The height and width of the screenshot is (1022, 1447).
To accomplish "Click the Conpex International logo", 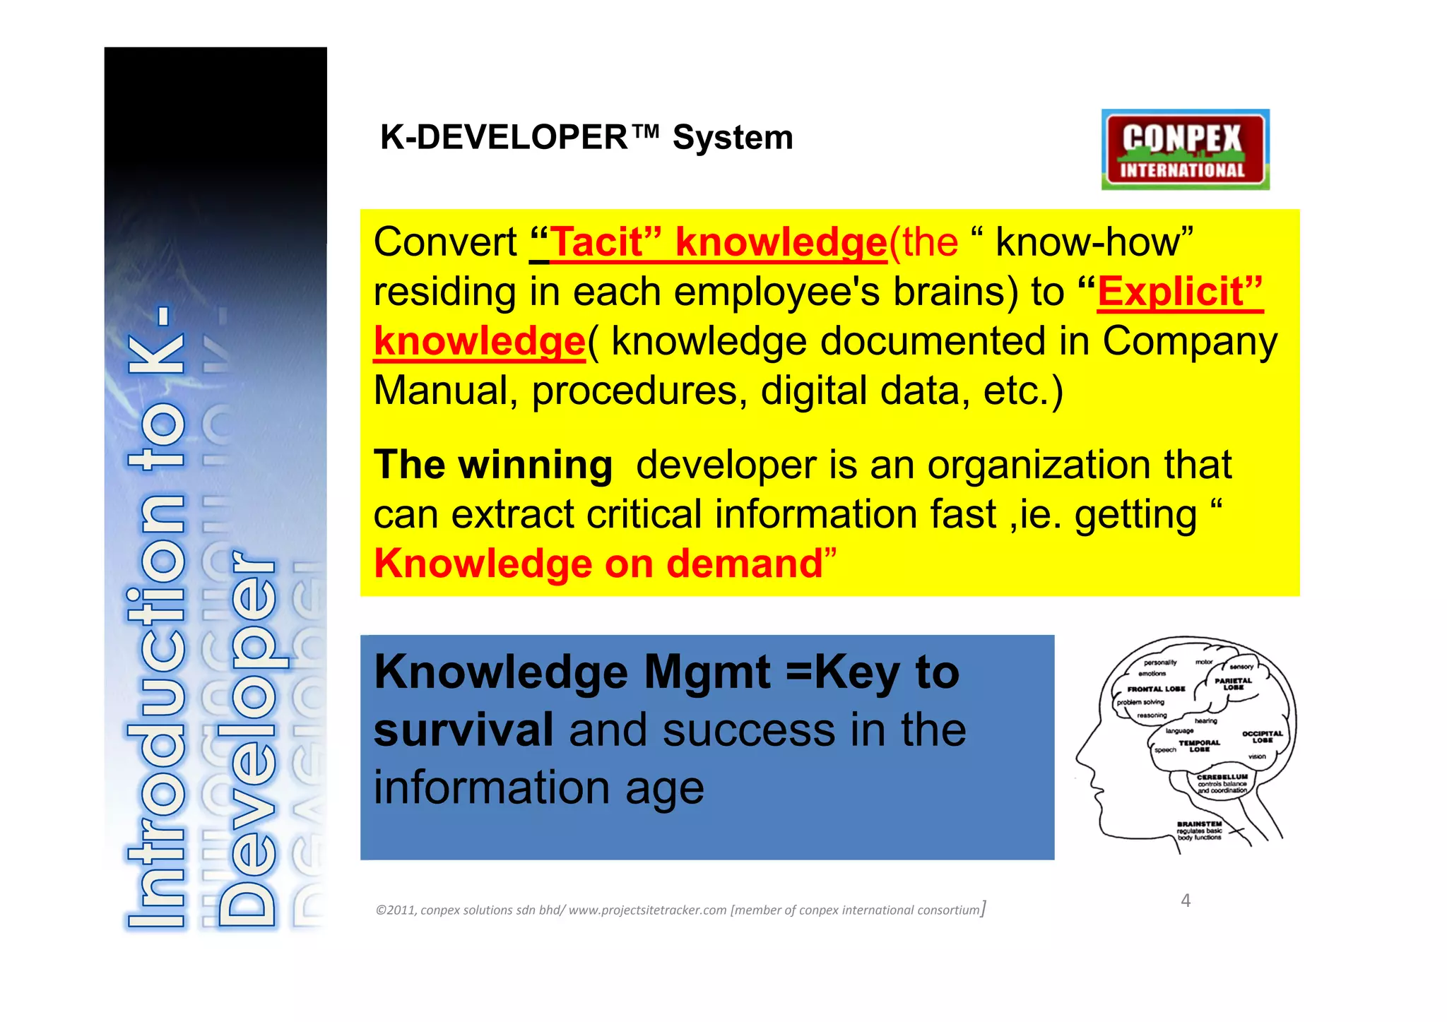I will [x=1185, y=149].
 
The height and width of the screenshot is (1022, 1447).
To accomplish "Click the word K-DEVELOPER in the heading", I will [x=503, y=137].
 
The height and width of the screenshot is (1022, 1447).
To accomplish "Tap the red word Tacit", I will [x=596, y=242].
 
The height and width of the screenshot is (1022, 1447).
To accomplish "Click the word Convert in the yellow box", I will [x=445, y=242].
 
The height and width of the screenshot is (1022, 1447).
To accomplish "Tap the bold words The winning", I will [x=492, y=465].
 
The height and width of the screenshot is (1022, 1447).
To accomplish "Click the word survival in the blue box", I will [x=463, y=730].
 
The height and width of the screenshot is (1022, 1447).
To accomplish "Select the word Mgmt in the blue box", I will [x=707, y=672].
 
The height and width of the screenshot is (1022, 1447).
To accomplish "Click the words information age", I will [x=538, y=788].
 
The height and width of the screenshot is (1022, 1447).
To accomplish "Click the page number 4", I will [x=1186, y=901].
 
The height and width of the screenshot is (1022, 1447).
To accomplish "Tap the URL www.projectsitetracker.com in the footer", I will [x=647, y=910].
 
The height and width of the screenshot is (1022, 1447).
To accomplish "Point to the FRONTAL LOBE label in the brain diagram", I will [x=1156, y=689].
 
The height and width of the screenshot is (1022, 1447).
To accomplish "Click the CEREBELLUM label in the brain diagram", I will [x=1222, y=776].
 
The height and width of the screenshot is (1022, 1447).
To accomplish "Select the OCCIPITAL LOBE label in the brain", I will [x=1262, y=737].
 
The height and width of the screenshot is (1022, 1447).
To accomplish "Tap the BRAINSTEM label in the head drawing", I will [x=1199, y=824].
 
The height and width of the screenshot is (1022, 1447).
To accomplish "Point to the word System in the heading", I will [x=733, y=137].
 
